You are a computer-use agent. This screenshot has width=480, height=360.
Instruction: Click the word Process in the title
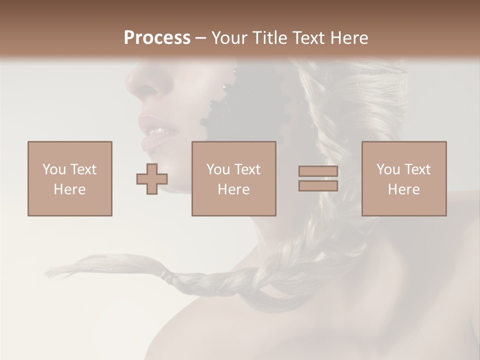pos(157,37)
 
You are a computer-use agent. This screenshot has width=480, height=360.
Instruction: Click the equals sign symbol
pos(318,178)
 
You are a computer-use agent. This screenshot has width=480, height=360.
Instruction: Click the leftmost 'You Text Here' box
pos(69,178)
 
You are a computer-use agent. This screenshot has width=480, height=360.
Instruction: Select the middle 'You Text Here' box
pos(233,178)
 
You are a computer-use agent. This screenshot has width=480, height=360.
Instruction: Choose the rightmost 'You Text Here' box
pos(403,178)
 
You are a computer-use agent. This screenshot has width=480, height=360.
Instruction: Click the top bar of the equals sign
pos(318,171)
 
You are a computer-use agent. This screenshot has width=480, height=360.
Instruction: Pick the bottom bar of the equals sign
pos(318,185)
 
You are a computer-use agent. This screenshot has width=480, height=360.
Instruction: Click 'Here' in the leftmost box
pos(69,189)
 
